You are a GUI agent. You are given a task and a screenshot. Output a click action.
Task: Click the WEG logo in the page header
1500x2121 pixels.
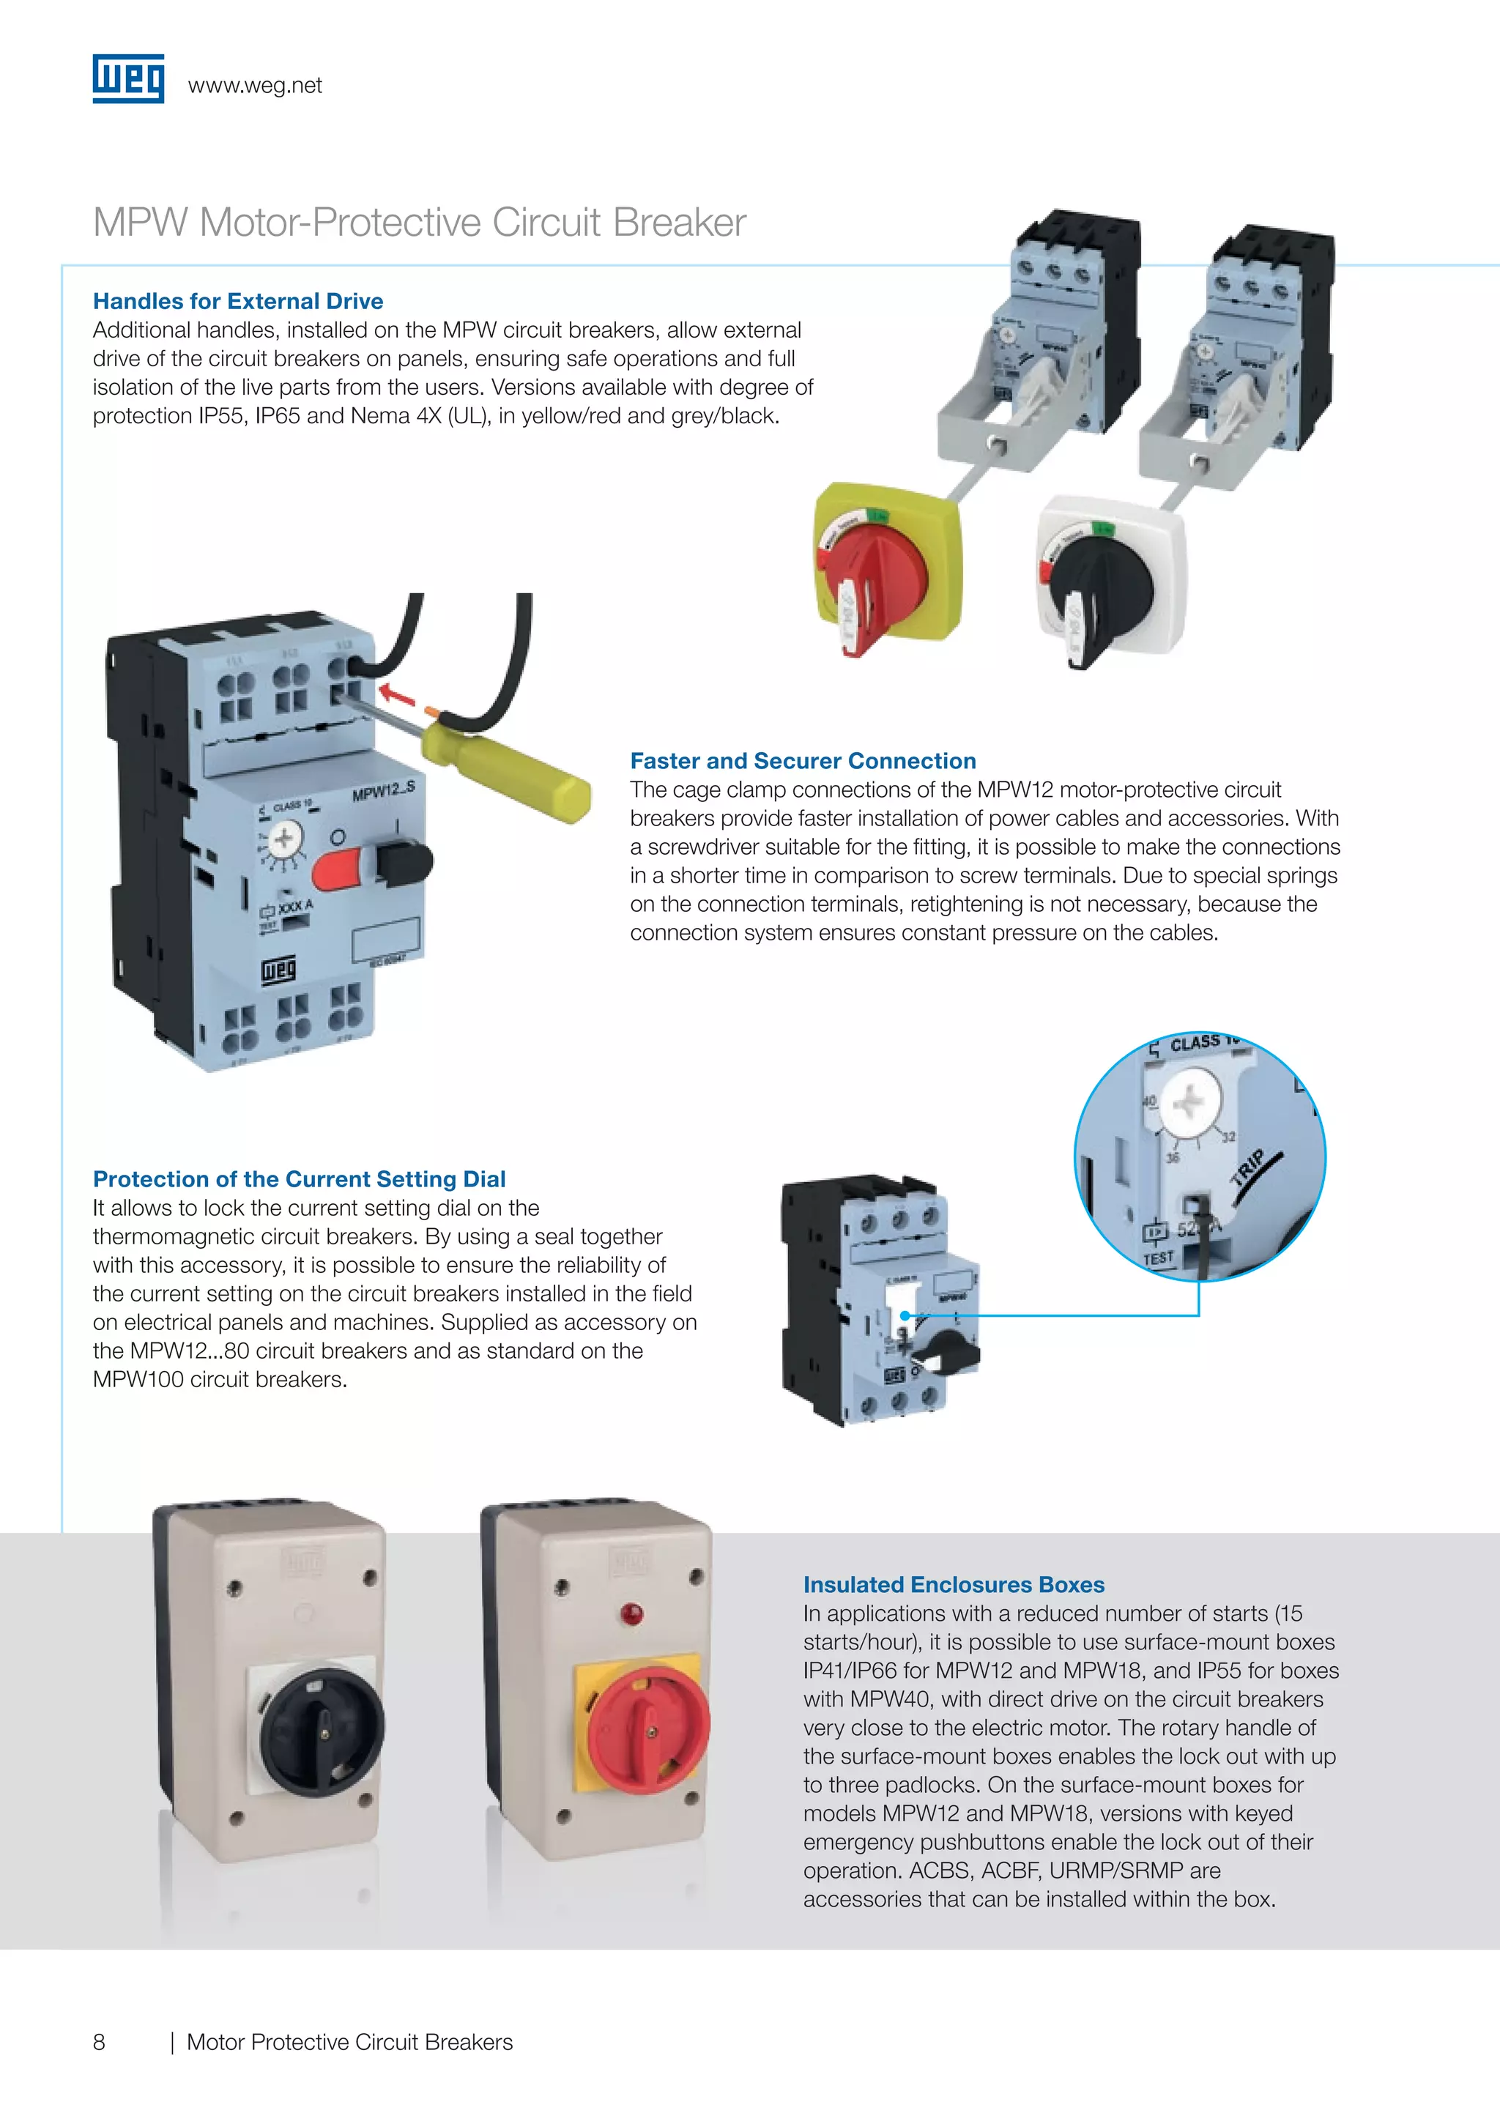[128, 78]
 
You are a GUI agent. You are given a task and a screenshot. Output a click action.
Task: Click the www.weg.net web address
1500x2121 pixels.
[255, 86]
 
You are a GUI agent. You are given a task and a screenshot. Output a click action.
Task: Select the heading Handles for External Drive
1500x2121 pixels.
[238, 301]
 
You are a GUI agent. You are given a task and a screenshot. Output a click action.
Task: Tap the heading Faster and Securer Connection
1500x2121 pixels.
[803, 761]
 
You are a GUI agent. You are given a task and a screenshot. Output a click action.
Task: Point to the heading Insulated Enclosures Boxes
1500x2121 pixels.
[953, 1584]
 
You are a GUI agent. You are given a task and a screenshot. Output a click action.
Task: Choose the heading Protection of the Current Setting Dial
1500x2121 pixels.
[300, 1180]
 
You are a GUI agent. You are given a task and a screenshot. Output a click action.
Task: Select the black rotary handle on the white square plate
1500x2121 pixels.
[1104, 587]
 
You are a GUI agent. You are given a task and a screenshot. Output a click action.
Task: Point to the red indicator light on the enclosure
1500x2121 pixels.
[633, 1614]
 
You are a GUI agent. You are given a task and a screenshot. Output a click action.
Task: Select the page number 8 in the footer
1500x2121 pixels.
[99, 2043]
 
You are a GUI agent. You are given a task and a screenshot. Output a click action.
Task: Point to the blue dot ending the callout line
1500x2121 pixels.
[906, 1315]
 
